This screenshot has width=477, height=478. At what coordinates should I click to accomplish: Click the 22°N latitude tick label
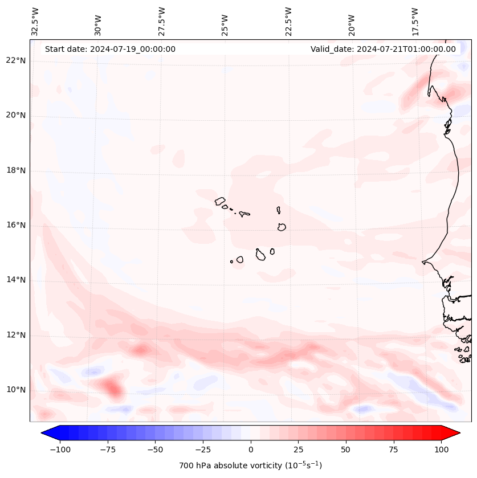point(16,60)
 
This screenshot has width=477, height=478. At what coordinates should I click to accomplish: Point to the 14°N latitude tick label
point(16,280)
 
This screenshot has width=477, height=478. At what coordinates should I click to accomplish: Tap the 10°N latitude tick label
point(16,390)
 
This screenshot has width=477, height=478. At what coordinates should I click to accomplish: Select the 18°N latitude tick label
point(16,170)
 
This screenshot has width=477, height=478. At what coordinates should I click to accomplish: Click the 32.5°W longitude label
point(35,22)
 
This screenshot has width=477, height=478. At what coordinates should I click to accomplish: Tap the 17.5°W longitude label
point(415,22)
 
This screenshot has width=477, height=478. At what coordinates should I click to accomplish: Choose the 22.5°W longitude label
point(288,22)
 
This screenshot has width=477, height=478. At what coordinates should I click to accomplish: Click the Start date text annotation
point(110,49)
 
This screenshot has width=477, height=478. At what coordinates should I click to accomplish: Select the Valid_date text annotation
point(383,49)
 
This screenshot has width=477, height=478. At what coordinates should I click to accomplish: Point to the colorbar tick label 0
point(251,450)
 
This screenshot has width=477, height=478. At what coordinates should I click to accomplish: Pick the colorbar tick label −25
point(202,450)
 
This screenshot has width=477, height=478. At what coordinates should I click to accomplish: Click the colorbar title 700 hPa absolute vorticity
point(250,465)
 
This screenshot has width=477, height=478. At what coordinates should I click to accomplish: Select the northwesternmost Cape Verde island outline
point(220,201)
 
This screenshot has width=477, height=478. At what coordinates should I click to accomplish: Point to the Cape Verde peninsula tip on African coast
point(423,262)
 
